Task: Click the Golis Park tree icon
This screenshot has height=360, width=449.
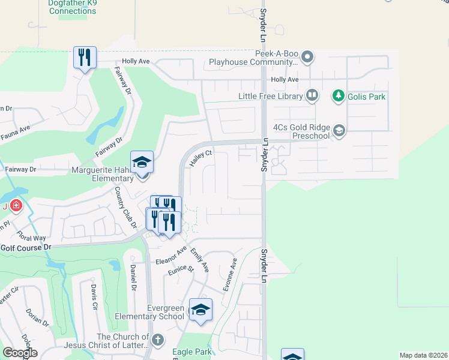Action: click(x=339, y=96)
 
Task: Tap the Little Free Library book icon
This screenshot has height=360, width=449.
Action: click(x=312, y=95)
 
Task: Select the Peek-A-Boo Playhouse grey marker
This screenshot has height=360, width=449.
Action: click(x=307, y=58)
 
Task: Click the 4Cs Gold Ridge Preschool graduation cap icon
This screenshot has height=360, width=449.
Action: click(x=339, y=131)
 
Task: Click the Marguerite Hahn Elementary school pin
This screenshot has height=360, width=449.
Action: click(x=142, y=163)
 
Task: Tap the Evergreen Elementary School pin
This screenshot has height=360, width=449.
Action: click(x=200, y=310)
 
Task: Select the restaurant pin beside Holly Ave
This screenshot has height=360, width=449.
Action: click(x=84, y=58)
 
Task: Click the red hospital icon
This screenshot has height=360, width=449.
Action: click(x=16, y=206)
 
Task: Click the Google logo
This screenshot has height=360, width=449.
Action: click(x=20, y=353)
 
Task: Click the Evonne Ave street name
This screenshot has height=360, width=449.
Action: click(x=231, y=275)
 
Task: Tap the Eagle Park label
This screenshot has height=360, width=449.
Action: click(x=191, y=352)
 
